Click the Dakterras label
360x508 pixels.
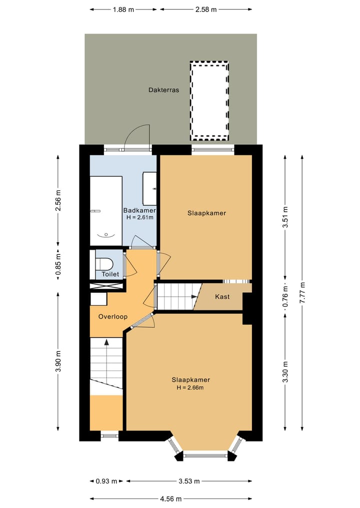[163, 90]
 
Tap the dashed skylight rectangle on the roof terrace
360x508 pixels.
[209, 100]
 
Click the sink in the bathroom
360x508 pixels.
[150, 188]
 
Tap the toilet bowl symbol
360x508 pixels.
[105, 263]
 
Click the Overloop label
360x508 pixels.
[112, 317]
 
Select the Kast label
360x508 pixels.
[222, 297]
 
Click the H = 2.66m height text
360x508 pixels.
[189, 388]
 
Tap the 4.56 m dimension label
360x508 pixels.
[171, 499]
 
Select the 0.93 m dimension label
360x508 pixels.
[106, 481]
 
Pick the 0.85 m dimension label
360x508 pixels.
[58, 266]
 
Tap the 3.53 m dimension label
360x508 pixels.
[189, 481]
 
